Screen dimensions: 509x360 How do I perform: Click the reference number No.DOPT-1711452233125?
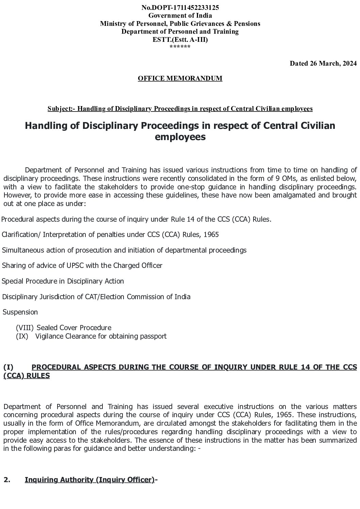tap(180, 7)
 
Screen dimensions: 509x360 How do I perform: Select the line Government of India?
tap(180, 15)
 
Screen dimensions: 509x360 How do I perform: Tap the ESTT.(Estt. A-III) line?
tap(180, 39)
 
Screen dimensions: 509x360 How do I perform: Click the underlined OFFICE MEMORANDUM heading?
tap(180, 79)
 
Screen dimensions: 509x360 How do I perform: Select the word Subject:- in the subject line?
tap(61, 109)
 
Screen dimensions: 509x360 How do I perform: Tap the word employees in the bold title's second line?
tap(180, 137)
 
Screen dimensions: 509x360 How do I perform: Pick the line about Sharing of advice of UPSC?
tap(82, 266)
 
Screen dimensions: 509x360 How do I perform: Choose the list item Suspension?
tap(20, 312)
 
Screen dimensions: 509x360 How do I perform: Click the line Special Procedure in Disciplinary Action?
tap(63, 281)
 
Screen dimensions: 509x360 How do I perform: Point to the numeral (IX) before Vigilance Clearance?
tap(22, 336)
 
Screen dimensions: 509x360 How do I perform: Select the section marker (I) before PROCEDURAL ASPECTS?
tap(8, 367)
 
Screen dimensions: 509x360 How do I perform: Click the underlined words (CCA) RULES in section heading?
tap(27, 376)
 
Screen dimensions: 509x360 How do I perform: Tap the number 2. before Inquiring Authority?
tap(7, 480)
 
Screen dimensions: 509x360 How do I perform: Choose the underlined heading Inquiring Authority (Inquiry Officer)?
tap(89, 480)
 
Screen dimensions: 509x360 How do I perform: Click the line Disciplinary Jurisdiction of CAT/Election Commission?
tap(96, 297)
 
